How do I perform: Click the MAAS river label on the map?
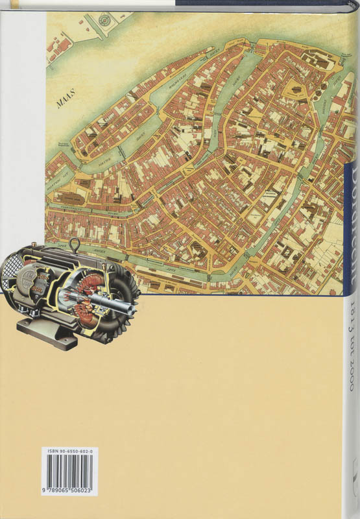click(x=63, y=101)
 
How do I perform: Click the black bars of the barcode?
click(x=70, y=472)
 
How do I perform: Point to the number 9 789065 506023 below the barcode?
click(x=70, y=491)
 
